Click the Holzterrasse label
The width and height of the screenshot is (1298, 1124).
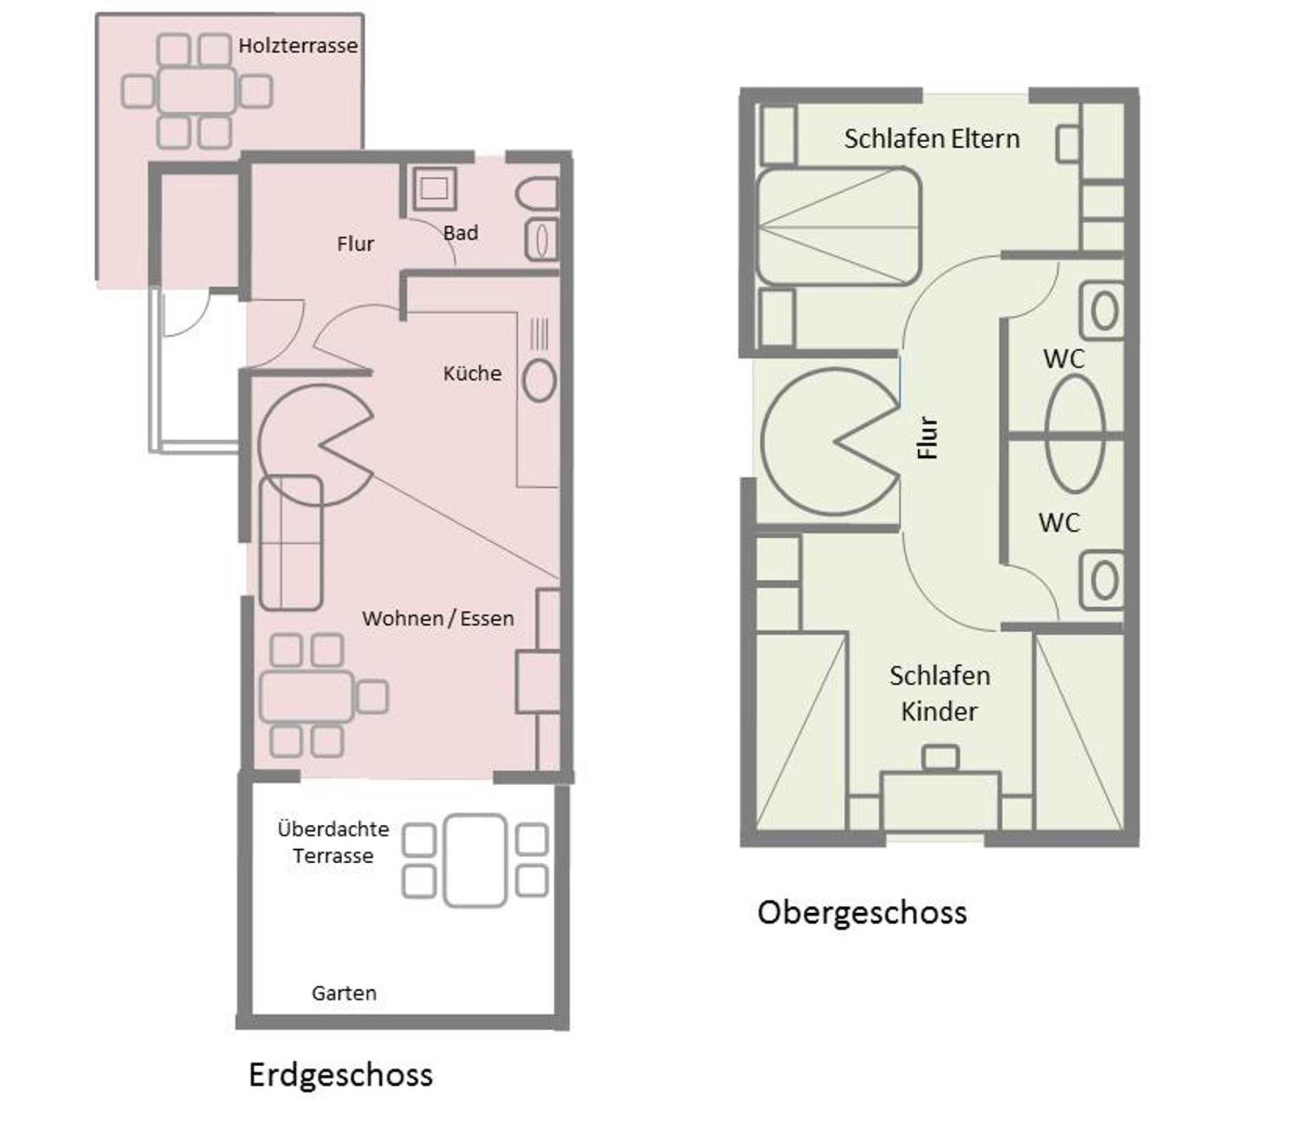click(297, 46)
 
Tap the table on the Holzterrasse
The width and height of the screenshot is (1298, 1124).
click(197, 91)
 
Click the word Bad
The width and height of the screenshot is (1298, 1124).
click(460, 233)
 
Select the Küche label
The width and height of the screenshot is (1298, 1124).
click(472, 373)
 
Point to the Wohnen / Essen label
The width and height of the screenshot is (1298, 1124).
click(438, 618)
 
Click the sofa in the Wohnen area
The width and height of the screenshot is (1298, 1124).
click(291, 543)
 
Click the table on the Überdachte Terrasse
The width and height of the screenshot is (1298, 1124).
click(475, 861)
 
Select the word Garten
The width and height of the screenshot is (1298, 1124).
click(344, 993)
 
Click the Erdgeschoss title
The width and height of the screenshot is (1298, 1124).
click(341, 1075)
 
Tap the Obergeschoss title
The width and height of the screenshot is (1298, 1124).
click(862, 913)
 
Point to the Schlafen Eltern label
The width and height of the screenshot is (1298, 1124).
click(931, 138)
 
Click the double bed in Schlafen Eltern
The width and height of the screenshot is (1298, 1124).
click(839, 226)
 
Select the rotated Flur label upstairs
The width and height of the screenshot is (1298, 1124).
click(928, 438)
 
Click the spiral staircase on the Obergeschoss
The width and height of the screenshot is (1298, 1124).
click(830, 442)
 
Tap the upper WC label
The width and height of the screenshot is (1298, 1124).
click(1064, 359)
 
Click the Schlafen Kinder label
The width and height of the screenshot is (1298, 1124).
click(940, 694)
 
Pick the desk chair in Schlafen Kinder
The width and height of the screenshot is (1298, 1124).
click(941, 757)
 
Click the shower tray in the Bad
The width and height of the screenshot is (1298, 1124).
click(434, 187)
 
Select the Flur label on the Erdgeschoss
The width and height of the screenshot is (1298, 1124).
click(355, 244)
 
